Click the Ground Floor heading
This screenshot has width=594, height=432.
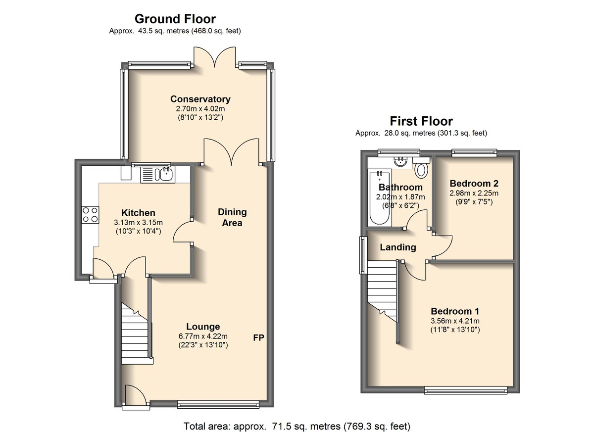coord(175,19)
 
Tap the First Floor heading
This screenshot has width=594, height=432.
coord(421,121)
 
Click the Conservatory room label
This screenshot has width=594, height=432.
coord(200,99)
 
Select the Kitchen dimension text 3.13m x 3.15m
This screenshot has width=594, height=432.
coord(138,223)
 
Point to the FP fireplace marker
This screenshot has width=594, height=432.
coord(258,337)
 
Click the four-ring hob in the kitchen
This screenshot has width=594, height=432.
coord(90,215)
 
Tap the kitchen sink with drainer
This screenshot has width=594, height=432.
coord(157,175)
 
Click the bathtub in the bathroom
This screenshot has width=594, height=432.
coord(380,198)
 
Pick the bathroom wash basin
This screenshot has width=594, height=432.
coord(400,161)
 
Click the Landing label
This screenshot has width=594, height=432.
coord(398,247)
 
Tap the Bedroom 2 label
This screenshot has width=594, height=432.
coord(474,184)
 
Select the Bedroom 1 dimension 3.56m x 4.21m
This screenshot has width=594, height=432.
coord(455,321)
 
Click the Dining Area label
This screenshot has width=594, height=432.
coord(232,217)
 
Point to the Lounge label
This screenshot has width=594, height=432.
coord(203,327)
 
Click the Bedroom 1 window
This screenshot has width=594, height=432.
coord(466,390)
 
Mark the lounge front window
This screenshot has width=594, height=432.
coord(218,404)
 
